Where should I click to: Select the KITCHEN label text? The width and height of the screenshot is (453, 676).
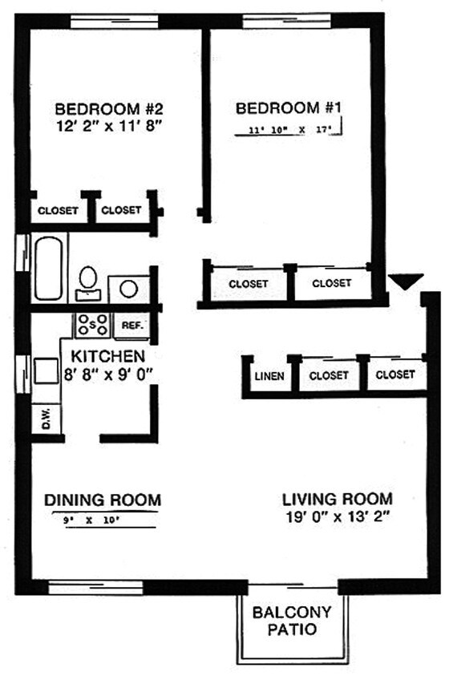107,355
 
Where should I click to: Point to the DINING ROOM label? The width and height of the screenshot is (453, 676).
102,500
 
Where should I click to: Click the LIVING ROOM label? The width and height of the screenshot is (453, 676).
337,498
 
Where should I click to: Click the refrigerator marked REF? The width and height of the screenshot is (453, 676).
132,326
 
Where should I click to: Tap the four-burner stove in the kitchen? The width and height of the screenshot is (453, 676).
92,325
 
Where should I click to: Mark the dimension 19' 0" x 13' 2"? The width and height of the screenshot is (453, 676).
337,517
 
